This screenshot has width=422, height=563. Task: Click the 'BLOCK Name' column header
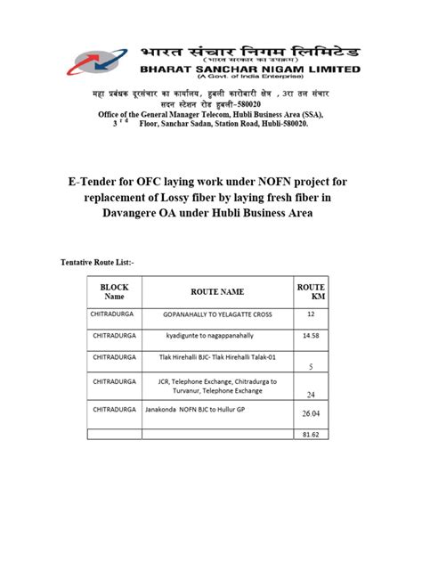pos(114,291)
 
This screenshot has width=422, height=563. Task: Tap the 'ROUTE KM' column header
pos(311,291)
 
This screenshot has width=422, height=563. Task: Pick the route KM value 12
pos(311,314)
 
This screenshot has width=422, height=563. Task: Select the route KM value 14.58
pos(311,336)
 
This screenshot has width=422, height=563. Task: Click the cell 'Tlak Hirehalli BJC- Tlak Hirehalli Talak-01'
pos(217,357)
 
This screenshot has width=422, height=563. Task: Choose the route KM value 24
pos(311,395)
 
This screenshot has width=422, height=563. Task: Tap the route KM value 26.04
pos(311,414)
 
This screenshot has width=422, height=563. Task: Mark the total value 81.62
pos(311,434)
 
